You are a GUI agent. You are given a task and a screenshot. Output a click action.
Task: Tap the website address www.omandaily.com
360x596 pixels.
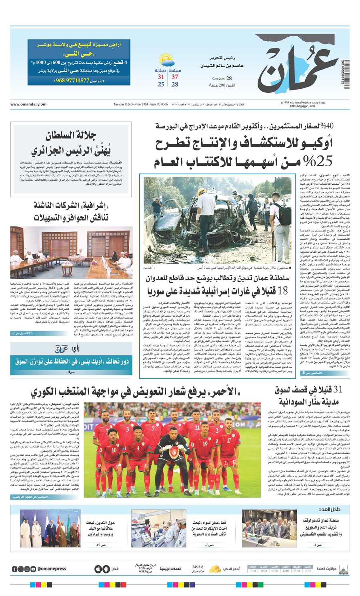(x=28, y=104)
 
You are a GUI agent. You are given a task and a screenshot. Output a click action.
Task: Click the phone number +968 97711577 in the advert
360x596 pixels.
(x=72, y=80)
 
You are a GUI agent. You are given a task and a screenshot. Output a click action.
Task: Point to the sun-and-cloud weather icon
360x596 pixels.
(x=166, y=61)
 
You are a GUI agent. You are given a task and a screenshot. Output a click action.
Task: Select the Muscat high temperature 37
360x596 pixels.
(x=175, y=77)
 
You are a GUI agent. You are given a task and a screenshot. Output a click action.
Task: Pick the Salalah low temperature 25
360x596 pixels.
(x=161, y=84)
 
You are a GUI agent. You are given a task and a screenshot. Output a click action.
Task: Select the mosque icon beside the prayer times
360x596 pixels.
(x=343, y=568)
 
